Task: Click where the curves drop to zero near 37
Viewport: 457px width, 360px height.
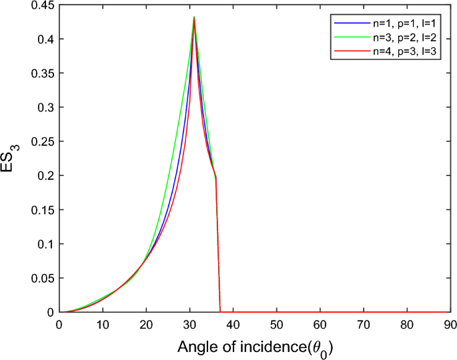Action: [221, 311]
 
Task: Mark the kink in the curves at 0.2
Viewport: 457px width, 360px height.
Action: [215, 177]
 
